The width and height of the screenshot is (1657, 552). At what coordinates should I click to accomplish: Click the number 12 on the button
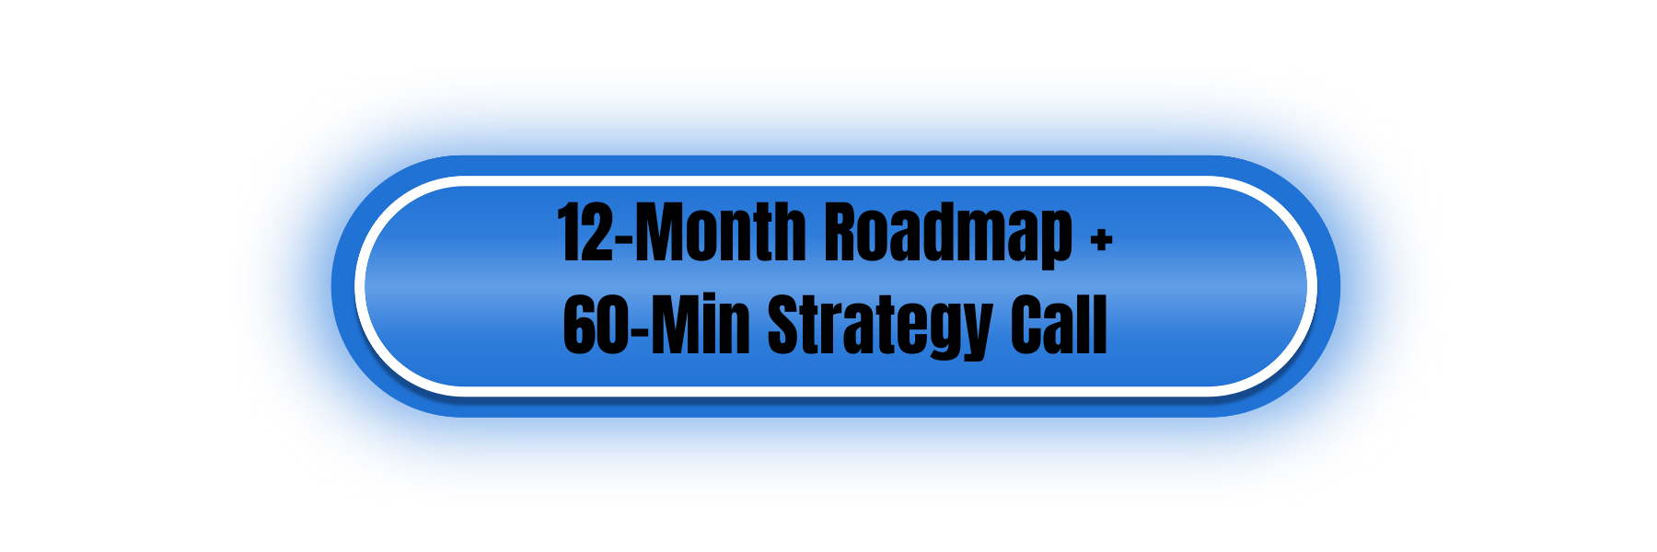pos(585,232)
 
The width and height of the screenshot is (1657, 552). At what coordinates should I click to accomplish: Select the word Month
pos(721,232)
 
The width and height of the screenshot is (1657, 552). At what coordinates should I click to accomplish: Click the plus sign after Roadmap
pos(1101,240)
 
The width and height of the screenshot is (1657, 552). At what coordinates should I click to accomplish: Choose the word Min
pos(700,324)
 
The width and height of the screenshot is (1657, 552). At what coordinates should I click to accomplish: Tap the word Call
pos(1059,324)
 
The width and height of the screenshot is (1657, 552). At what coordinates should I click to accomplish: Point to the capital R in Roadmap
pos(841,232)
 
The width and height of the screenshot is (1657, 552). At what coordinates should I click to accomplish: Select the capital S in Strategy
pos(784,325)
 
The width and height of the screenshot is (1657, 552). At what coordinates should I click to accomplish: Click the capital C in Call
pos(1027,325)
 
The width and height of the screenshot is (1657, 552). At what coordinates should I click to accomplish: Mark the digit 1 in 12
pos(568,232)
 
